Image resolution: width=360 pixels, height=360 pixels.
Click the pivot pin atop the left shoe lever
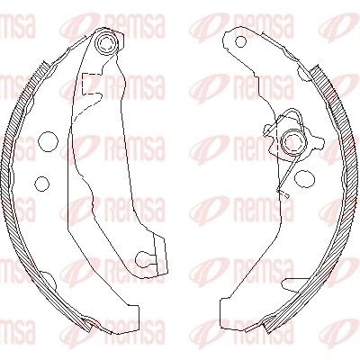click(105, 43)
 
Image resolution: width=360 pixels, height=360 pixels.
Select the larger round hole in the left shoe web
click(48, 141)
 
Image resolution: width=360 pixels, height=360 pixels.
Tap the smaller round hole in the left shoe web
click(41, 184)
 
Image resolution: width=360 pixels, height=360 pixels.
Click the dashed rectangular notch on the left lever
click(88, 83)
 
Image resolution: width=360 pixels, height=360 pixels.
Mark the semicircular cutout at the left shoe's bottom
click(49, 281)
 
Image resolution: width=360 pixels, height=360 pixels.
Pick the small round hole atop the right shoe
click(240, 41)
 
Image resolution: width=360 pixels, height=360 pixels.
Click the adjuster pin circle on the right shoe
click(293, 142)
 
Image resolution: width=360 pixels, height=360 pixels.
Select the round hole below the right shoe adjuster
click(304, 178)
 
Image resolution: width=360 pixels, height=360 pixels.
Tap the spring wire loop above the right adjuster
click(292, 114)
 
